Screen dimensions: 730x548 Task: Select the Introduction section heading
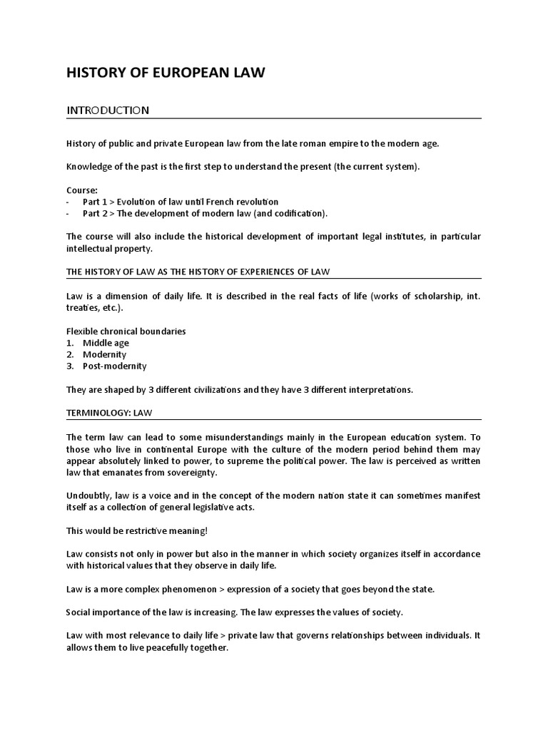point(107,110)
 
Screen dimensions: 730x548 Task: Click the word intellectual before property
point(93,249)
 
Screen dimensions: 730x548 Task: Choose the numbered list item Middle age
point(106,343)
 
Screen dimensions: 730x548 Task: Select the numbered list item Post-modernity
point(114,366)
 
